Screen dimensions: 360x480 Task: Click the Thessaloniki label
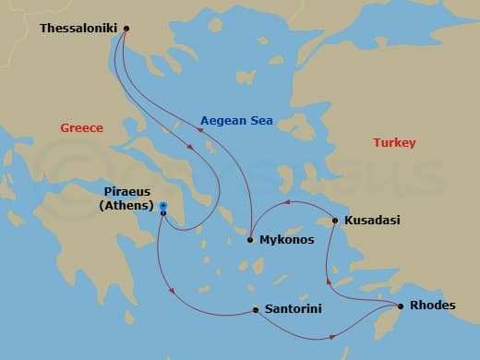[78, 29]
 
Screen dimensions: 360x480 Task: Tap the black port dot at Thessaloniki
[126, 28]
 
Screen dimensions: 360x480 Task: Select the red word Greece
[81, 128]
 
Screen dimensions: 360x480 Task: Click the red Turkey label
[394, 143]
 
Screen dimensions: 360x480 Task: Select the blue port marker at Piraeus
[162, 206]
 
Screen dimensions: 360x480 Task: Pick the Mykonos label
[286, 239]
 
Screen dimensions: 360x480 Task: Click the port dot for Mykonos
[250, 240]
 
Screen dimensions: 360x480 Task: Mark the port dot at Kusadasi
[335, 221]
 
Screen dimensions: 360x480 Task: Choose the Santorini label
[293, 309]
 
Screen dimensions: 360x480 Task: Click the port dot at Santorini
[255, 310]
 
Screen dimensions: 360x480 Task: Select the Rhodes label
[433, 306]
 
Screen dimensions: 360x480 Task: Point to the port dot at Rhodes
[400, 306]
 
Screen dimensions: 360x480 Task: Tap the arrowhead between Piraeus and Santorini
[173, 294]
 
